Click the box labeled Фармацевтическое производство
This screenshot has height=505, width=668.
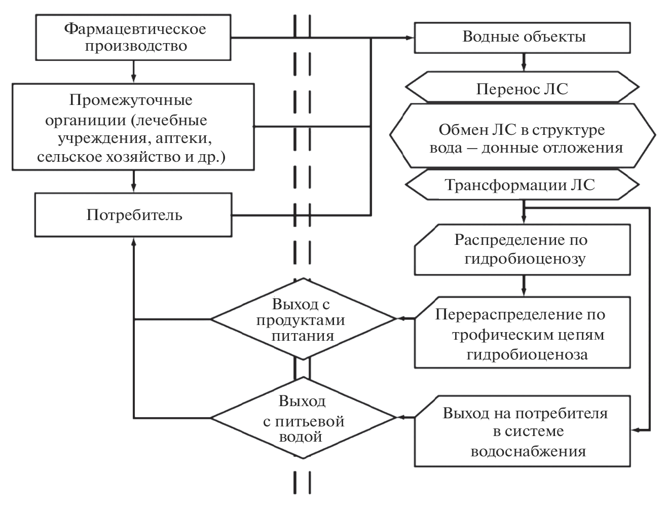pos(134,37)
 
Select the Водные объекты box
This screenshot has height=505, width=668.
pos(524,37)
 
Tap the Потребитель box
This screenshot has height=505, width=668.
pos(134,215)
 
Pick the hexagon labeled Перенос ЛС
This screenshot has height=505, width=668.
pos(522,89)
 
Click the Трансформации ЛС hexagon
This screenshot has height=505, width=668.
pos(522,185)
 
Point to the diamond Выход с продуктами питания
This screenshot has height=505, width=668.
pos(303,319)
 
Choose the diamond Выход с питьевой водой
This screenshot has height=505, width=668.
pos(303,418)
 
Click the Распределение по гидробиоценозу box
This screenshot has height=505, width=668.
pos(522,249)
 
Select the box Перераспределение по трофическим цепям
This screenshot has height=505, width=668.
pos(522,333)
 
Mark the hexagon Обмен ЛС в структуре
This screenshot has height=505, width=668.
pos(522,137)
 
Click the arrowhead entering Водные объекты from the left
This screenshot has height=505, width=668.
pos(410,38)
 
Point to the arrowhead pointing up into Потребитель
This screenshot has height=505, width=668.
pos(133,243)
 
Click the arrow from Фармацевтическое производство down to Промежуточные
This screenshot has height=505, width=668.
pos(133,71)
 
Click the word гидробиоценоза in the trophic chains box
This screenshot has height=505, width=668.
pos(527,354)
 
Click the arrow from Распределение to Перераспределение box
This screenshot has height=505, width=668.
pos(523,286)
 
